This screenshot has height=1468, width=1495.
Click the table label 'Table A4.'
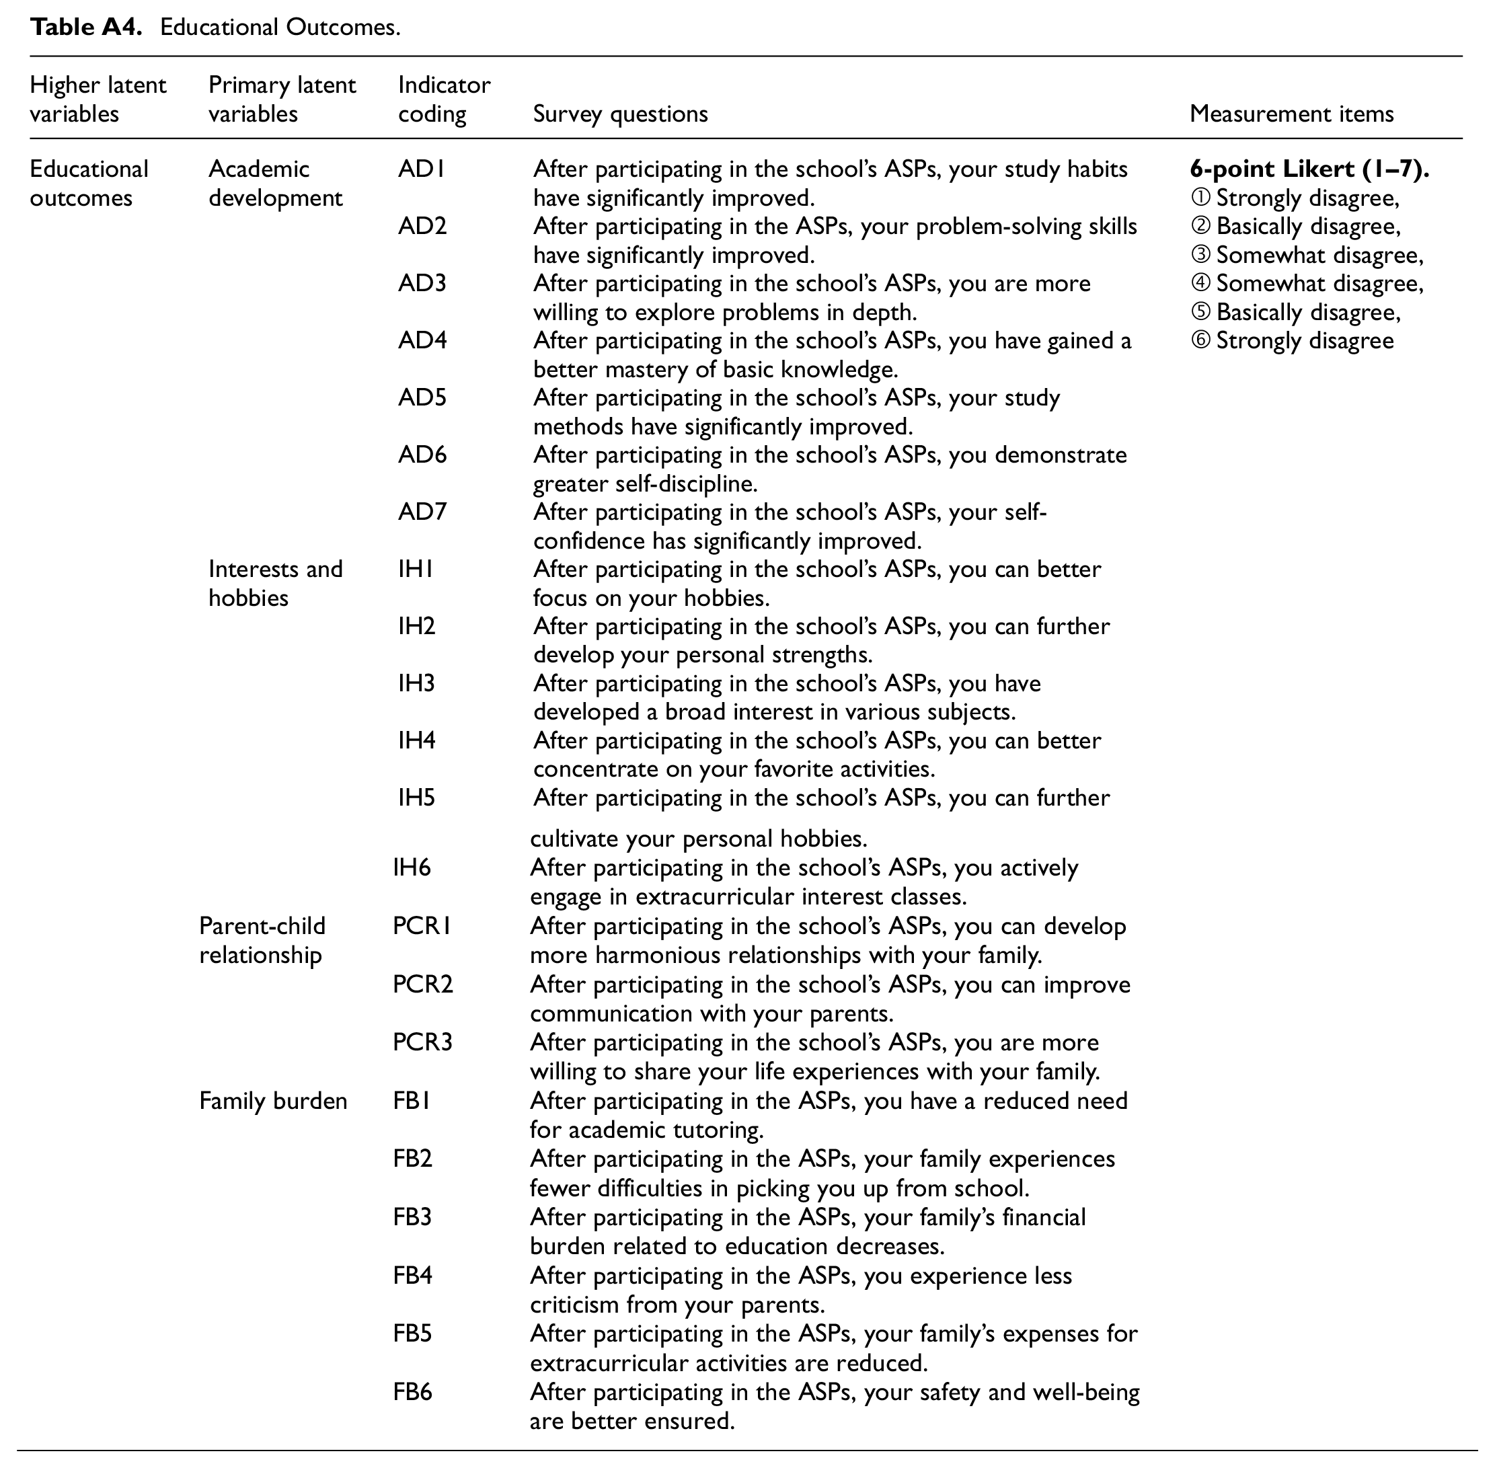tap(86, 27)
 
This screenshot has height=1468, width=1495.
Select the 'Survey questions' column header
tap(620, 114)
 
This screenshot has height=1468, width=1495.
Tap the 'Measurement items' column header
tap(1291, 114)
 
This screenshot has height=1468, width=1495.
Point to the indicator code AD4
tap(422, 340)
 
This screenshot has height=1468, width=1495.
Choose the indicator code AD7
tap(422, 511)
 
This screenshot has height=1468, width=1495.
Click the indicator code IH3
tap(416, 683)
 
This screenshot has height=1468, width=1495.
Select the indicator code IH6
tap(412, 868)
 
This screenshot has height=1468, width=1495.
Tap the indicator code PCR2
tap(422, 984)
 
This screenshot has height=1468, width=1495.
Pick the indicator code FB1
tap(412, 1101)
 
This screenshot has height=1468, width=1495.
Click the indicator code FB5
tap(412, 1334)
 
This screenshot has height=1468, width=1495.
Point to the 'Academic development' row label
tap(275, 184)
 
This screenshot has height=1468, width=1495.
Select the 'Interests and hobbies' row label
tap(275, 583)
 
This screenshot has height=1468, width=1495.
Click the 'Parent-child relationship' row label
tap(262, 941)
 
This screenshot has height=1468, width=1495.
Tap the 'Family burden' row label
tap(273, 1101)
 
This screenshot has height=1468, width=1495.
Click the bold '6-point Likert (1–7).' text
tap(1309, 169)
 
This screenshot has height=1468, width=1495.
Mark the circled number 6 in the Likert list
tap(1200, 341)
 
